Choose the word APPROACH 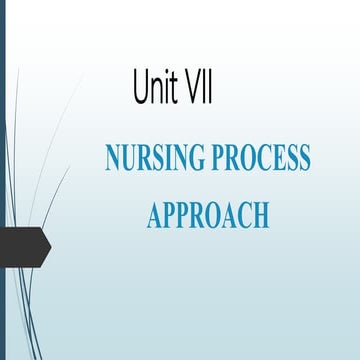click(x=208, y=213)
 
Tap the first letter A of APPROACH click(x=155, y=213)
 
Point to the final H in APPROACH click(x=262, y=213)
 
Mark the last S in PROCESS click(x=304, y=158)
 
